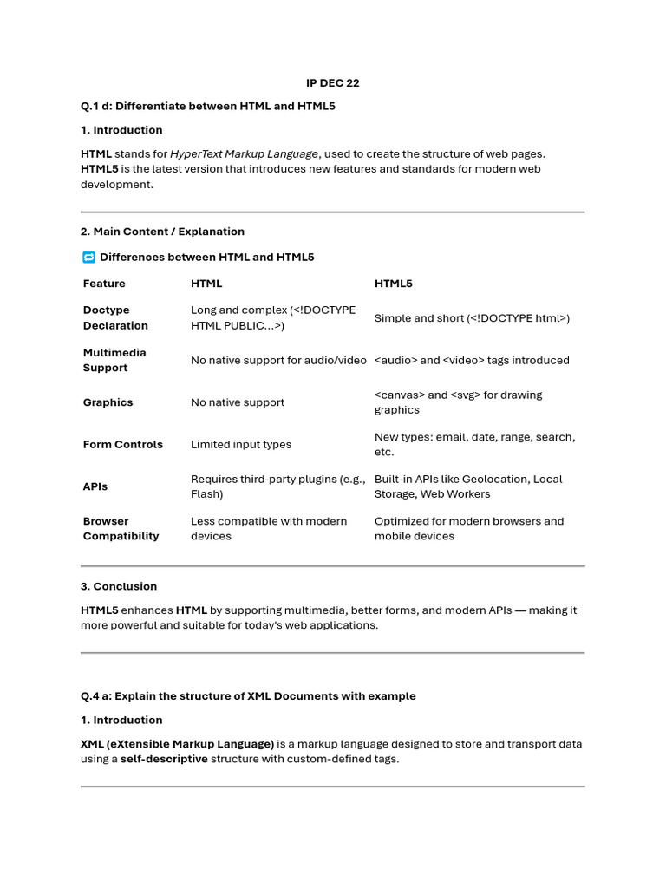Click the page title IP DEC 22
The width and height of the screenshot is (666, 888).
332,83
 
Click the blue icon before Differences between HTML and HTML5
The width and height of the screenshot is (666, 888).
88,258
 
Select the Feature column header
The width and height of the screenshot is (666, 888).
104,284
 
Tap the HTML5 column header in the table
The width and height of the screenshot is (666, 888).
394,284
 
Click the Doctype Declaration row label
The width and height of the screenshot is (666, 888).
115,317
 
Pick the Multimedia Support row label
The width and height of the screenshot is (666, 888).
114,360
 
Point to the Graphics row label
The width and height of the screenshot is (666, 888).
108,402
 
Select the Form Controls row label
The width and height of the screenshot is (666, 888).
122,444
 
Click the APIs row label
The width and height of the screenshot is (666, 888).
95,486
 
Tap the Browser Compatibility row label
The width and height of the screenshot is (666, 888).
121,528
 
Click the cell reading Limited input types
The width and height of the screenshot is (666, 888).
241,444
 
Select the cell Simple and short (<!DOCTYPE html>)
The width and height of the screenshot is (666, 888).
472,318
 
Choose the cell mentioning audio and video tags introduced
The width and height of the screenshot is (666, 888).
472,360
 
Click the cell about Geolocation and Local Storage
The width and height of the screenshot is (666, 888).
468,486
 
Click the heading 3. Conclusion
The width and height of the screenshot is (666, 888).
119,586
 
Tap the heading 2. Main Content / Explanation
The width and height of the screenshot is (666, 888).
162,232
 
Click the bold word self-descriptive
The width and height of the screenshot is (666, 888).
165,759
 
